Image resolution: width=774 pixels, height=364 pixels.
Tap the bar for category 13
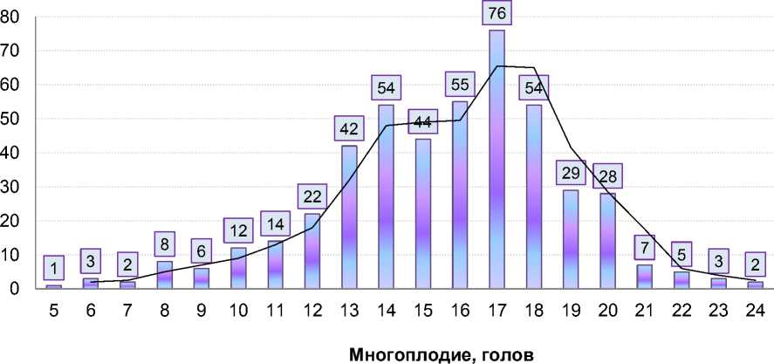coord(349,218)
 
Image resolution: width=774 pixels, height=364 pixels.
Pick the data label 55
coord(460,86)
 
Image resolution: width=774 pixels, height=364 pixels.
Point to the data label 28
coord(607,177)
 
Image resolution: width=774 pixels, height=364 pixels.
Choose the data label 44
coord(423,121)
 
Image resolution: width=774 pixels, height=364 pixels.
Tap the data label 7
coord(645,248)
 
